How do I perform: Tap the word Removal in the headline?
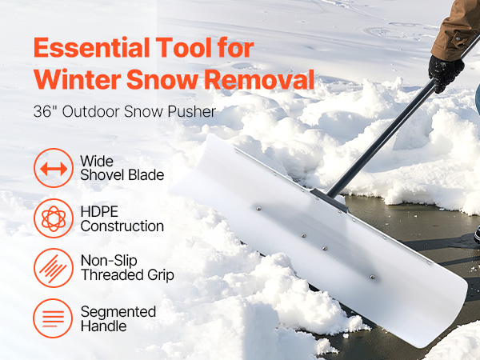[259, 79]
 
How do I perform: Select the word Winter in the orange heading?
[78, 79]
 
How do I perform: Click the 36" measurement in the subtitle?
[42, 111]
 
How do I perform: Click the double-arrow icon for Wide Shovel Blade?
[54, 168]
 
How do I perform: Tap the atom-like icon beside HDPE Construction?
[54, 218]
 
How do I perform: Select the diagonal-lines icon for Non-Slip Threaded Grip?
[54, 268]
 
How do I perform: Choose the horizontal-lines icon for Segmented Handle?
[53, 318]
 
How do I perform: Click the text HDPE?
[99, 212]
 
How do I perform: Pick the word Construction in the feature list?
[122, 226]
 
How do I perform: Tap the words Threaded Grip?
[127, 275]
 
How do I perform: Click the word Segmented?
[118, 312]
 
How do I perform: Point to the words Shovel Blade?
[122, 175]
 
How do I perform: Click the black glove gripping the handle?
[446, 73]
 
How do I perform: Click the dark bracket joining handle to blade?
[329, 200]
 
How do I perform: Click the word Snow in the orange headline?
[162, 79]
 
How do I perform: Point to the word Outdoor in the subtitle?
[91, 111]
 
